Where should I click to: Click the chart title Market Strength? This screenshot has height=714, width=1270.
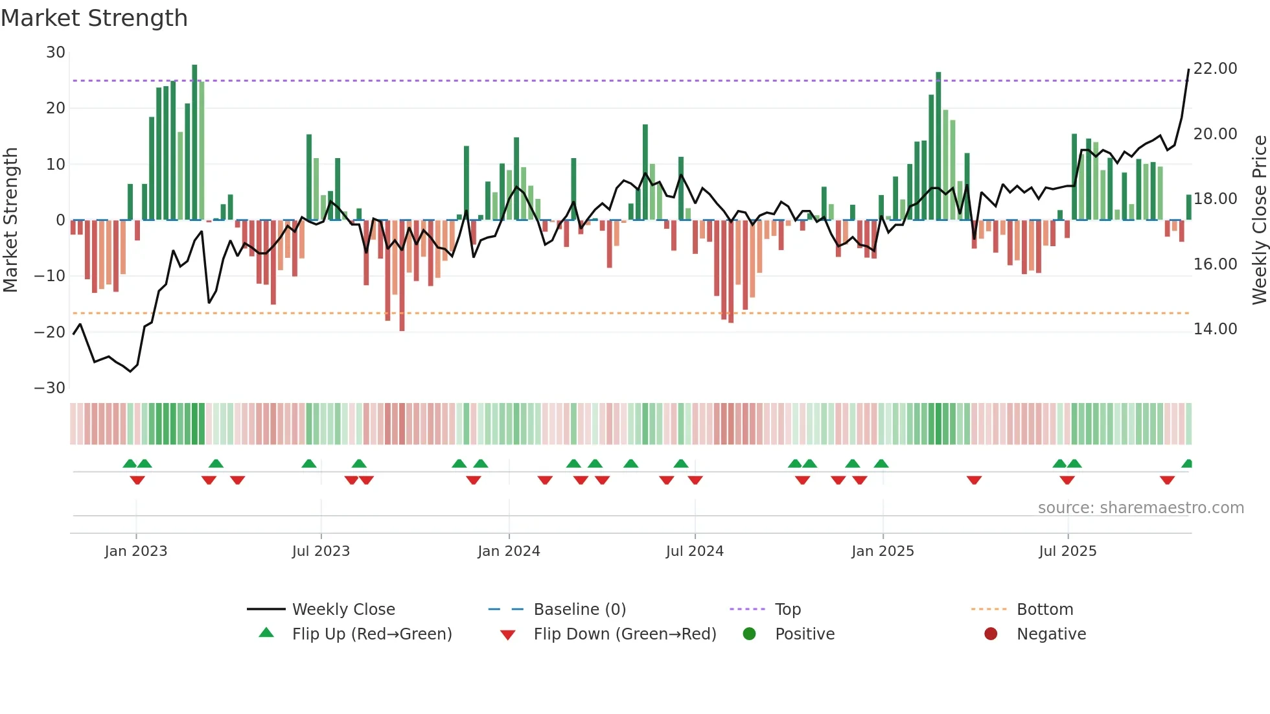(94, 18)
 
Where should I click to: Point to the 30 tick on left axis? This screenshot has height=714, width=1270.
(56, 52)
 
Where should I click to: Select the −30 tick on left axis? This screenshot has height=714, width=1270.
(50, 388)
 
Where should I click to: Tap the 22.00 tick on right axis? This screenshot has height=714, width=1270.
(1215, 69)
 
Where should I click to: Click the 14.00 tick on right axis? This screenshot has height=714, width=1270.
(1215, 329)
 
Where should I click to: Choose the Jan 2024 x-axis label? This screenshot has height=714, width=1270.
(509, 551)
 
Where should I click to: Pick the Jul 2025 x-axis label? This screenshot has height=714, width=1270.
(1067, 551)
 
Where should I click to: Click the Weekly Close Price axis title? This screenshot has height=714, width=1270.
(1259, 220)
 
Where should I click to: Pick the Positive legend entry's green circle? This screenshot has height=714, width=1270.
(749, 634)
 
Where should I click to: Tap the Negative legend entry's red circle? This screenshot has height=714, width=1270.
(991, 634)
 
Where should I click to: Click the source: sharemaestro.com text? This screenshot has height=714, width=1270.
(1140, 508)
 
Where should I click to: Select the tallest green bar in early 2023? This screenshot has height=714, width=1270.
(194, 143)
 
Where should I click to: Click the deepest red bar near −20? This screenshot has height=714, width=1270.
(402, 275)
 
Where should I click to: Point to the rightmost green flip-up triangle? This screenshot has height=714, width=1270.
(1187, 464)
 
